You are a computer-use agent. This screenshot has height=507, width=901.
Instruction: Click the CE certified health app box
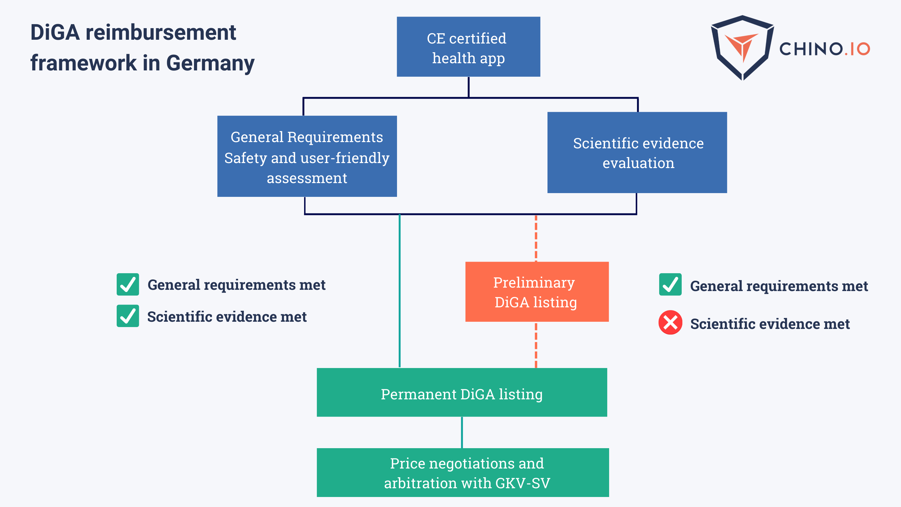(468, 47)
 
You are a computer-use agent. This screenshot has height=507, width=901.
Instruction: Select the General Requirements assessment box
(307, 156)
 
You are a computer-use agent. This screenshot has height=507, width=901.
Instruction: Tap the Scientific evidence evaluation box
(637, 152)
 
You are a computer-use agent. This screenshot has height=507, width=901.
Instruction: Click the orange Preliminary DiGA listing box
(537, 292)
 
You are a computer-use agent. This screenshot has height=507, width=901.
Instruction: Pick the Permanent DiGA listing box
(462, 392)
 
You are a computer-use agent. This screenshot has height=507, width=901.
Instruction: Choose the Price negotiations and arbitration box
(462, 472)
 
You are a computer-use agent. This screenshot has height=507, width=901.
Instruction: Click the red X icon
(670, 322)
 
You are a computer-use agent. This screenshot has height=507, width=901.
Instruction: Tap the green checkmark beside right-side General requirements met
(670, 284)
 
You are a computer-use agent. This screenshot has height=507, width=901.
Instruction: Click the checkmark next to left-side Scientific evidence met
(128, 316)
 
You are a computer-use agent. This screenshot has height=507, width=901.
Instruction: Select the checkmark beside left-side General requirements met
(128, 284)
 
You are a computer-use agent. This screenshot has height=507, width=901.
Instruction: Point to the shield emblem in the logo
(742, 48)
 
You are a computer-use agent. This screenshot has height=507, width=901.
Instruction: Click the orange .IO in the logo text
(857, 49)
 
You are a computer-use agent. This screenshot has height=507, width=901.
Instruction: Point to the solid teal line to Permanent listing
(400, 290)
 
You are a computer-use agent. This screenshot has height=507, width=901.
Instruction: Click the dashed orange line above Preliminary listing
(536, 238)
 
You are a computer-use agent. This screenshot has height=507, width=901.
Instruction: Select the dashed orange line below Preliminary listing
(536, 345)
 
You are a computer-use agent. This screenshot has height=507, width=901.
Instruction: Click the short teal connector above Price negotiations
(462, 433)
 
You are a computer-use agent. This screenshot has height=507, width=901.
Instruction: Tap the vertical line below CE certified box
(468, 87)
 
